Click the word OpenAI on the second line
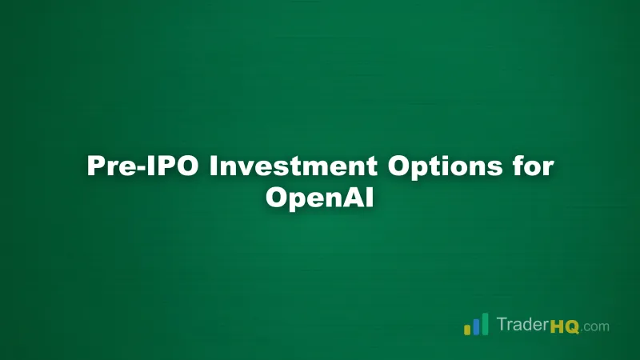coord(320,198)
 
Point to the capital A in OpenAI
coord(356,198)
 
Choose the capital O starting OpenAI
coord(277,198)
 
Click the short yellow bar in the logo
coord(466,330)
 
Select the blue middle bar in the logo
coord(475,326)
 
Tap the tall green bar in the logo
coord(484,324)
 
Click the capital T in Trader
coord(501,326)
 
